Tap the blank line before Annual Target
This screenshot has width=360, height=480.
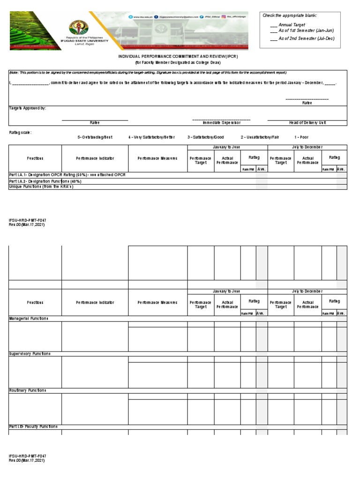(x=274, y=24)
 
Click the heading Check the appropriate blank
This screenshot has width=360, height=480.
(x=289, y=15)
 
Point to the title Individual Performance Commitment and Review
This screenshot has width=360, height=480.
(x=178, y=56)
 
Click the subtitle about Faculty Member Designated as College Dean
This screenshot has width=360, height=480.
(x=178, y=62)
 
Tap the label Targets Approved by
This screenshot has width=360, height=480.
(x=28, y=108)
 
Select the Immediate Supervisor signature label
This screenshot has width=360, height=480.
(x=221, y=122)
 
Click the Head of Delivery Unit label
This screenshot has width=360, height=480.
(x=307, y=122)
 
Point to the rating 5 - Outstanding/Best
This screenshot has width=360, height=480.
(x=95, y=137)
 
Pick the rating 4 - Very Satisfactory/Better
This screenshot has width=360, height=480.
(x=151, y=137)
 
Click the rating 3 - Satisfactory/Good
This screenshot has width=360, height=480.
(x=206, y=137)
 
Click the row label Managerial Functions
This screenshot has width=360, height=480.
(x=29, y=318)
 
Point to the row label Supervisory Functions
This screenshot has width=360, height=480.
(x=30, y=353)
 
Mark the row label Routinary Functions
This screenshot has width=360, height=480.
(x=28, y=390)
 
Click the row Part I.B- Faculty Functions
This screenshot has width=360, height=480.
(x=33, y=427)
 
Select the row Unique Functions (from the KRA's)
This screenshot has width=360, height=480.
(x=41, y=186)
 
